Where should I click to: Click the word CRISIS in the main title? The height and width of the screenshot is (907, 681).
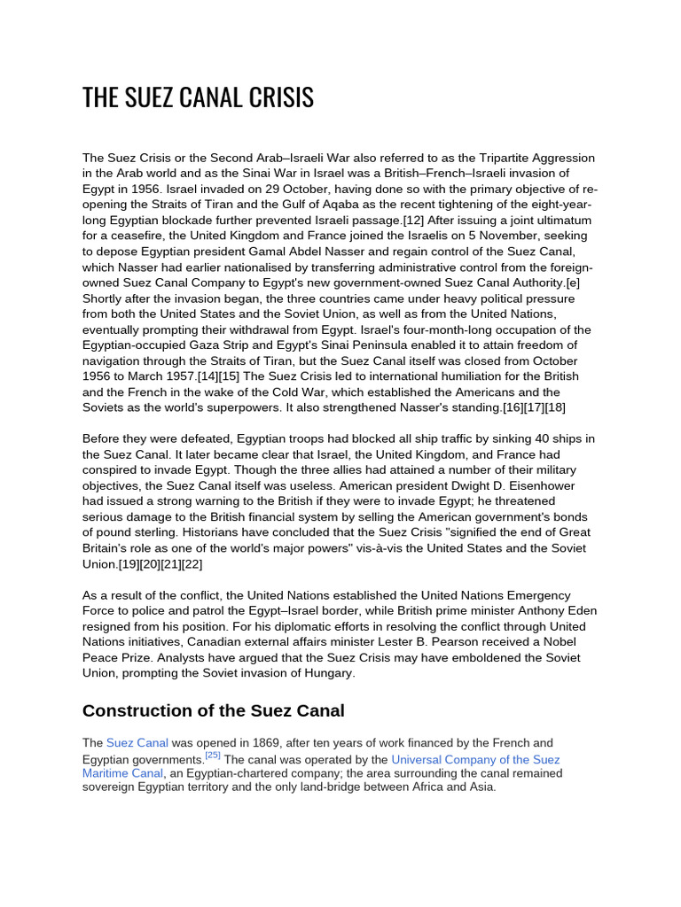284,97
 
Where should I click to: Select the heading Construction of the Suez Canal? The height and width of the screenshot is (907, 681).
213,710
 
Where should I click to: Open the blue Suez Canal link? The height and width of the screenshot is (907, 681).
137,742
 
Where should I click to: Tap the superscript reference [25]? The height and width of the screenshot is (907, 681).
213,756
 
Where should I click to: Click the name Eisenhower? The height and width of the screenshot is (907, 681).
550,485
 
